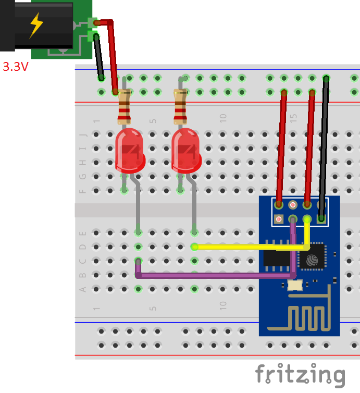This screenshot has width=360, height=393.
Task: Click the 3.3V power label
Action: (15, 67)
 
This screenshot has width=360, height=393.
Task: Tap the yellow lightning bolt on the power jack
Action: (36, 24)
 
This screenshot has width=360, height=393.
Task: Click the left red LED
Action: (129, 151)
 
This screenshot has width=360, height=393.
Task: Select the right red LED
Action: (186, 151)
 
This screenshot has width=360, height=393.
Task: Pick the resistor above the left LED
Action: (124, 107)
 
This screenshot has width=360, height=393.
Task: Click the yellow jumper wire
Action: (245, 247)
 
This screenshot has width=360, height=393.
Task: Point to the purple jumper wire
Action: (214, 275)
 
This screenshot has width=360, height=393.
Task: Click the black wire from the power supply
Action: (98, 57)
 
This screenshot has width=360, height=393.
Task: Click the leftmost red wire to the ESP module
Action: (281, 146)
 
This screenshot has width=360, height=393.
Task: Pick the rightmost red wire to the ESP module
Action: (310, 146)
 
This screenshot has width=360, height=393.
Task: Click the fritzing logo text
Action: (300, 375)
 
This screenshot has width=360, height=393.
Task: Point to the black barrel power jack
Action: (36, 25)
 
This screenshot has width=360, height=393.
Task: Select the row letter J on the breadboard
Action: (82, 134)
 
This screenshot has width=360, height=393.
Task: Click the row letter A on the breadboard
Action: (82, 289)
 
